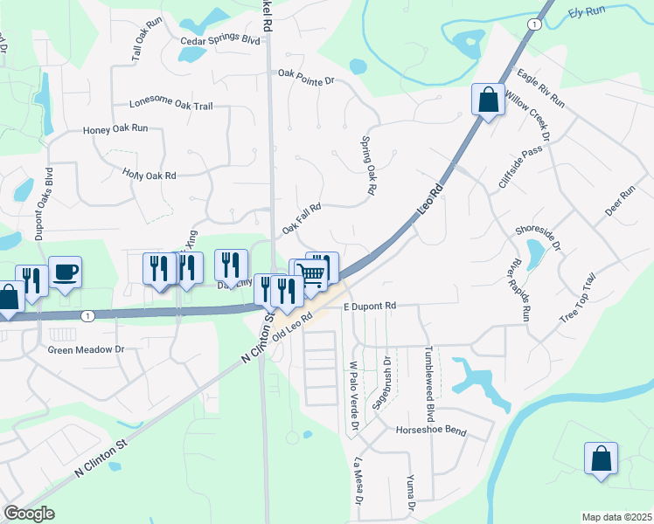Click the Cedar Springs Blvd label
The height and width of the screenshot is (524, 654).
pyautogui.click(x=220, y=40)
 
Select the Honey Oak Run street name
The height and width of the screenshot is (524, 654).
pyautogui.click(x=115, y=128)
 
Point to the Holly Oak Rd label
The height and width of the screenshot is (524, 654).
pyautogui.click(x=150, y=175)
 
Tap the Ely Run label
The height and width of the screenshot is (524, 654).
pyautogui.click(x=586, y=12)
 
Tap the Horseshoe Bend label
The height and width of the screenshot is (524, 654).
pyautogui.click(x=431, y=431)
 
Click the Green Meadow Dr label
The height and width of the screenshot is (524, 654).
pyautogui.click(x=87, y=349)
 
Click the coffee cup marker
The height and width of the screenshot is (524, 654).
pyautogui.click(x=66, y=272)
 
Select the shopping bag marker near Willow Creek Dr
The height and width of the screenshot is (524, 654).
pyautogui.click(x=488, y=100)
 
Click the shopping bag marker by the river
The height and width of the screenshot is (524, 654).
pyautogui.click(x=602, y=458)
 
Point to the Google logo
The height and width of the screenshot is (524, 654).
pyautogui.click(x=29, y=514)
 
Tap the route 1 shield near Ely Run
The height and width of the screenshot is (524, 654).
pyautogui.click(x=532, y=24)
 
